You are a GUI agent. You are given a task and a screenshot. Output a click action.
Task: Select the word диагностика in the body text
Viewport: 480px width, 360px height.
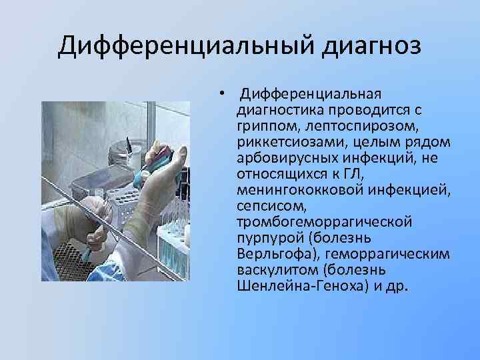pos(273,109)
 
